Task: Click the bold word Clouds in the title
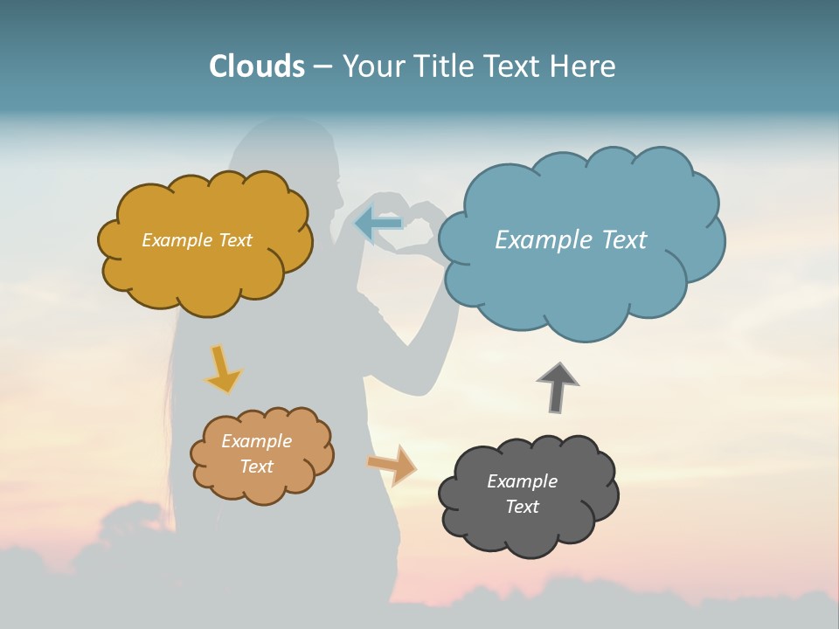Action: pos(257,66)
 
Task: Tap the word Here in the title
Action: pos(585,66)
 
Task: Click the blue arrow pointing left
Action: pos(378,224)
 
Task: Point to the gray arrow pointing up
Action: pos(558,386)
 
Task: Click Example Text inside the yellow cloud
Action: pos(197,240)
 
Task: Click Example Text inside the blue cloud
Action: pos(571,240)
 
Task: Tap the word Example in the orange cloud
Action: pos(256,441)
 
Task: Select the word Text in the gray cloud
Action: pos(522,507)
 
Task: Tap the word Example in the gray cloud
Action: pos(522,481)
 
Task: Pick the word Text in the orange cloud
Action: pos(256,467)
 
